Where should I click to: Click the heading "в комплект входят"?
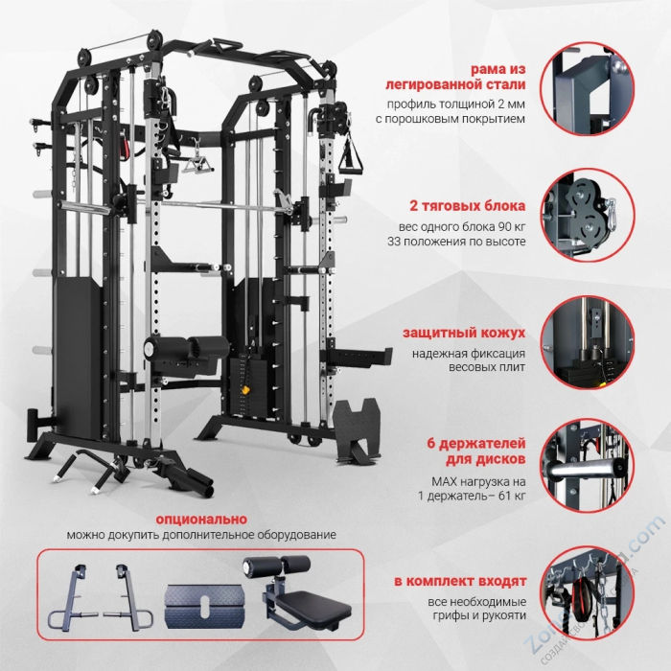(x=461, y=582)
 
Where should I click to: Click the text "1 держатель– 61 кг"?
(x=471, y=496)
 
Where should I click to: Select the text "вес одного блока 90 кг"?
(x=463, y=226)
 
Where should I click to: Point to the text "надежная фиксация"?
(x=470, y=353)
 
